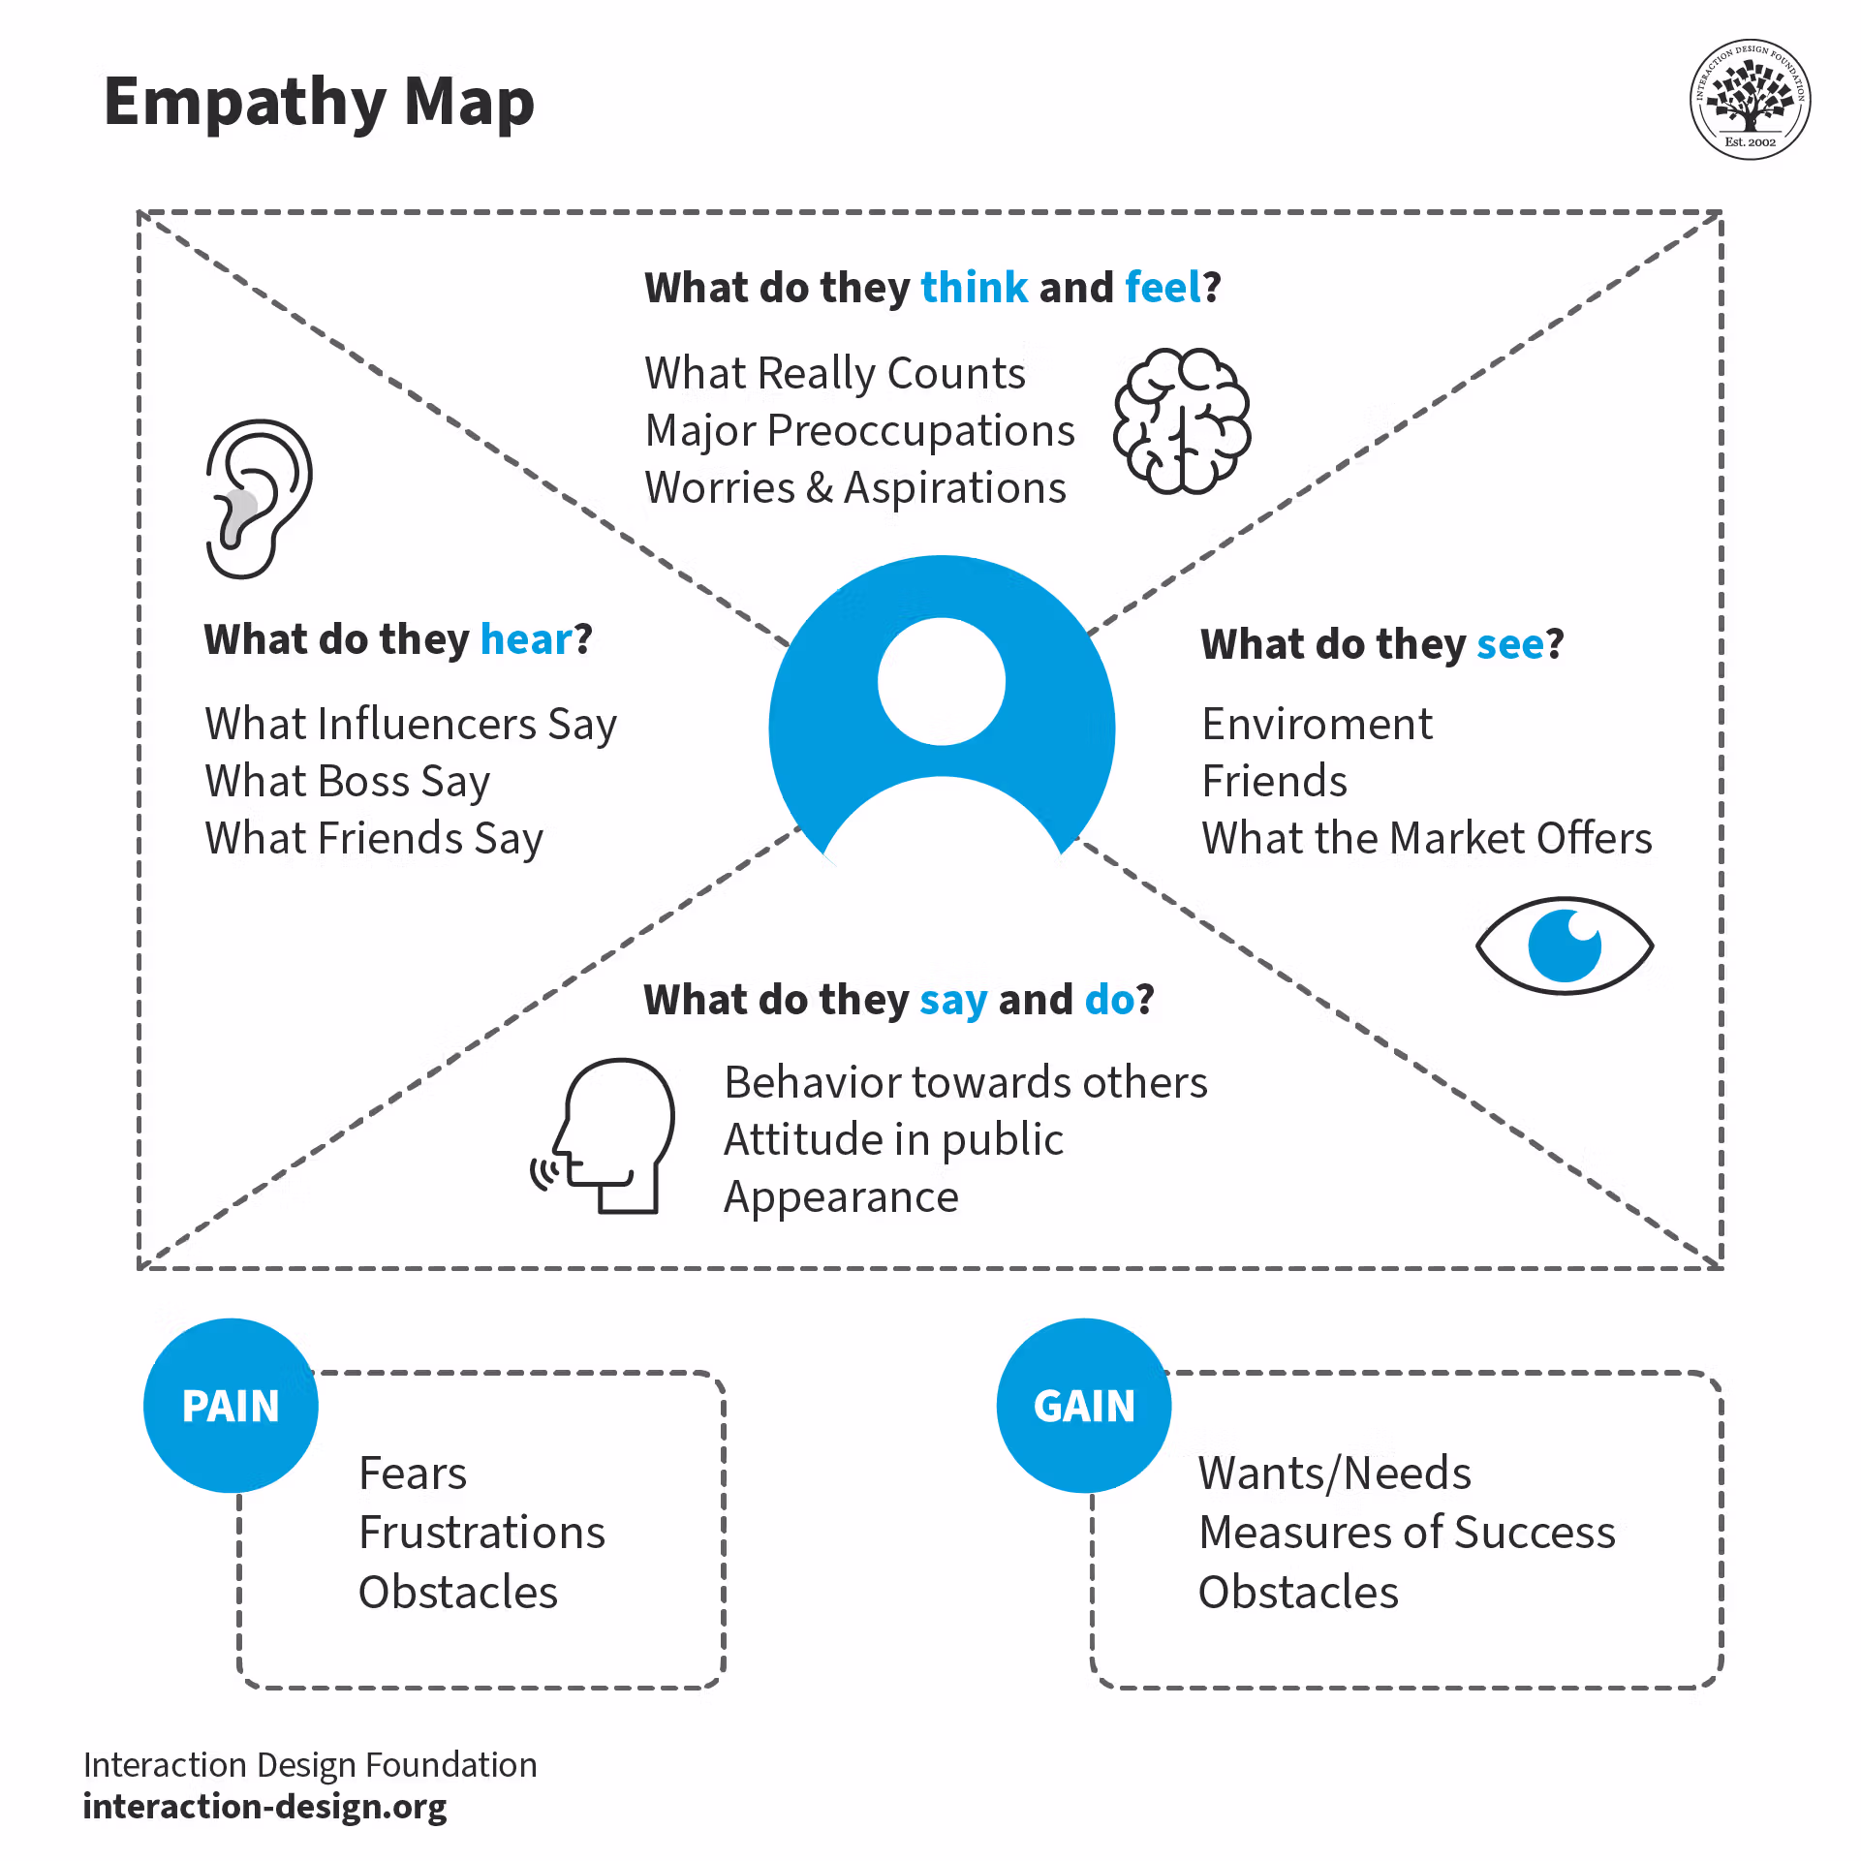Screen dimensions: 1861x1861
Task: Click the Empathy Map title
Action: click(x=319, y=103)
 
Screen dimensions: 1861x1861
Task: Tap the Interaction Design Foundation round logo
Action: click(x=1750, y=100)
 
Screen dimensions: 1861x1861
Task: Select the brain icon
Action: click(x=1182, y=421)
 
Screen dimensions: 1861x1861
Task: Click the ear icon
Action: click(x=258, y=499)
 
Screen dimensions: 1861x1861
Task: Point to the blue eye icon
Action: click(x=1564, y=946)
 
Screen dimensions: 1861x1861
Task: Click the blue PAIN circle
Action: click(x=231, y=1406)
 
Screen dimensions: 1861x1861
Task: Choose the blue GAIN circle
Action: click(x=1083, y=1406)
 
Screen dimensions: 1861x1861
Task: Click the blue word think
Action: click(x=974, y=288)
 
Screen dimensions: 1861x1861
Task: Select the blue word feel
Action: click(x=1163, y=288)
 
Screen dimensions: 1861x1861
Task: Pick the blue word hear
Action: click(x=527, y=639)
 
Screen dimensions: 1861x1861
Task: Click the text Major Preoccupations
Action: click(x=859, y=431)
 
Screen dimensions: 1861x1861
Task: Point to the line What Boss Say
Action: click(x=347, y=782)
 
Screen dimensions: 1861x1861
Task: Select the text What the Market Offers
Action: click(x=1426, y=839)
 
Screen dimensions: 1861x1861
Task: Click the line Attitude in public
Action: click(x=893, y=1140)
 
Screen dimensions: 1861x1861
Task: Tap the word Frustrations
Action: click(x=481, y=1534)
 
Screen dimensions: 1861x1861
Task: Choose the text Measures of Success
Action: click(x=1407, y=1534)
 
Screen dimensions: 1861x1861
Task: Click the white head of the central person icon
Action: click(x=941, y=682)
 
